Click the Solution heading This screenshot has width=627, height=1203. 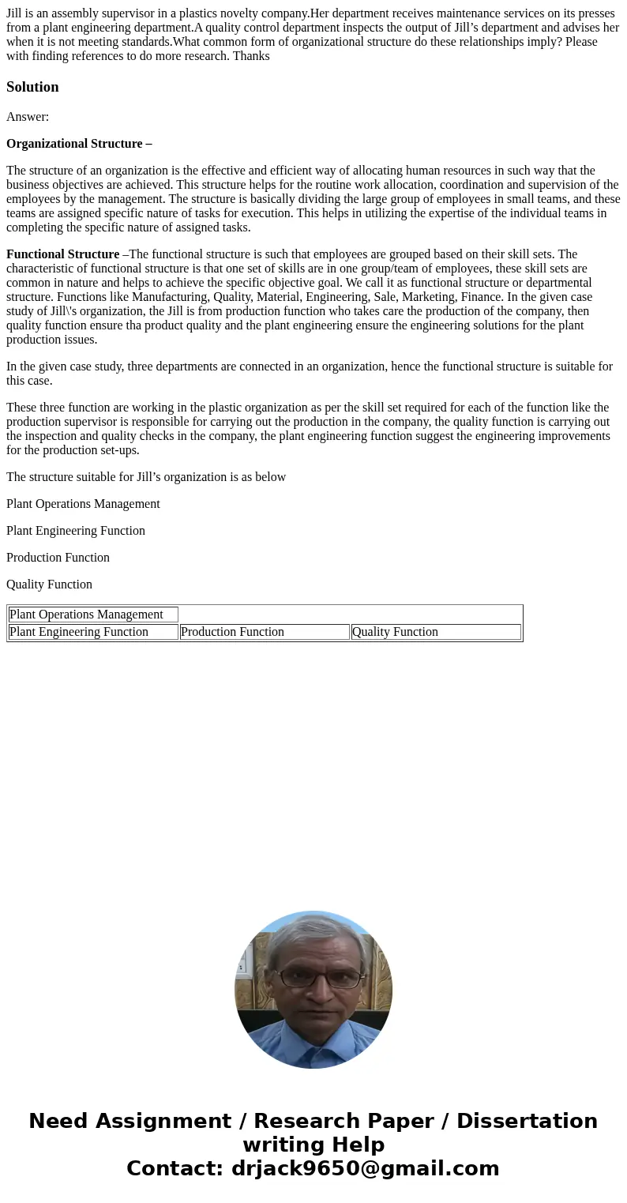pos(32,87)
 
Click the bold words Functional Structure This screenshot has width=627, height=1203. pos(62,254)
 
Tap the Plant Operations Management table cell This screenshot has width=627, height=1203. pos(93,615)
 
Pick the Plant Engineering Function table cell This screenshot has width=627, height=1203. pos(93,632)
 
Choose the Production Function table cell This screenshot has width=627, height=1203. pos(264,632)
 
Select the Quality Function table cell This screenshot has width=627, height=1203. pos(435,632)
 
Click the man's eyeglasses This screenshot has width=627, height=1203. pos(315,977)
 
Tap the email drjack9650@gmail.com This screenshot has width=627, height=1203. pos(365,1169)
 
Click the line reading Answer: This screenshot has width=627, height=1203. pos(28,117)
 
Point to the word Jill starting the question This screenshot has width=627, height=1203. pos(15,13)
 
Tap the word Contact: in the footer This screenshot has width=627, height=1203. pos(175,1169)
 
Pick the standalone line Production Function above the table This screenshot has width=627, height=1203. pos(58,558)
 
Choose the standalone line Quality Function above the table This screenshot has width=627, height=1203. pos(49,585)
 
